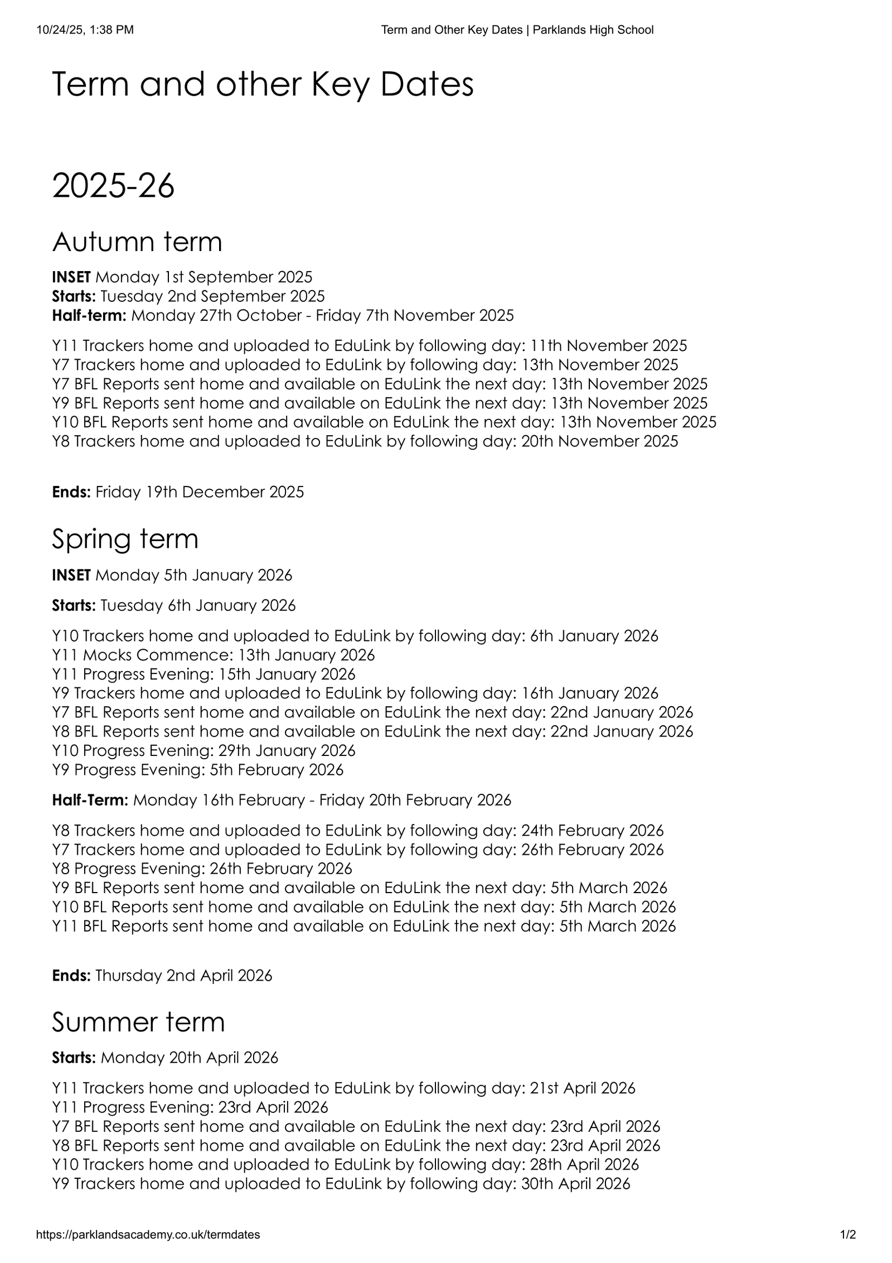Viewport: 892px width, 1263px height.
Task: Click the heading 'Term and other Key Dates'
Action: (263, 85)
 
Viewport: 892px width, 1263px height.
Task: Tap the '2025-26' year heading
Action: (113, 186)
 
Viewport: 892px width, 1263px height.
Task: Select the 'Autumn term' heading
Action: (137, 242)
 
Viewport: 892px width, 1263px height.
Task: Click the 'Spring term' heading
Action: (125, 539)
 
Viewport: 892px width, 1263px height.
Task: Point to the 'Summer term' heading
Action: (138, 1022)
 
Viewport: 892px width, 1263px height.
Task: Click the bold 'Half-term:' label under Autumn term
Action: (89, 316)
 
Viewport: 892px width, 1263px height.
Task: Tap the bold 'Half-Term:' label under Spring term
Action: (90, 800)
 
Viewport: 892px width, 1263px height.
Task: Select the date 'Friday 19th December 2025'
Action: (200, 492)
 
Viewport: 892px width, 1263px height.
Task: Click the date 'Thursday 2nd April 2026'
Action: (184, 975)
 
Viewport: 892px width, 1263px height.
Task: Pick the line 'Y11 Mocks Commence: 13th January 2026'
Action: (214, 655)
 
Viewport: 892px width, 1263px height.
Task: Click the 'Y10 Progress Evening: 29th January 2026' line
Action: (203, 750)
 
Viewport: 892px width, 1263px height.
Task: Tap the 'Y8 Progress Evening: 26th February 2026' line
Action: (202, 869)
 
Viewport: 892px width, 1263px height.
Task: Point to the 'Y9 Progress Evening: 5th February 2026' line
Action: (198, 770)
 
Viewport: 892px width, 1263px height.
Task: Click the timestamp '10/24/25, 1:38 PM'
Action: (85, 30)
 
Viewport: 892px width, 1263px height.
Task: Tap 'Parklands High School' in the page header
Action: (593, 30)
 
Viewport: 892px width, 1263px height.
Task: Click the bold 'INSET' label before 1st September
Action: (71, 277)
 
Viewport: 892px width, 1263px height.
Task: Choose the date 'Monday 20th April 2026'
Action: (190, 1058)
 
